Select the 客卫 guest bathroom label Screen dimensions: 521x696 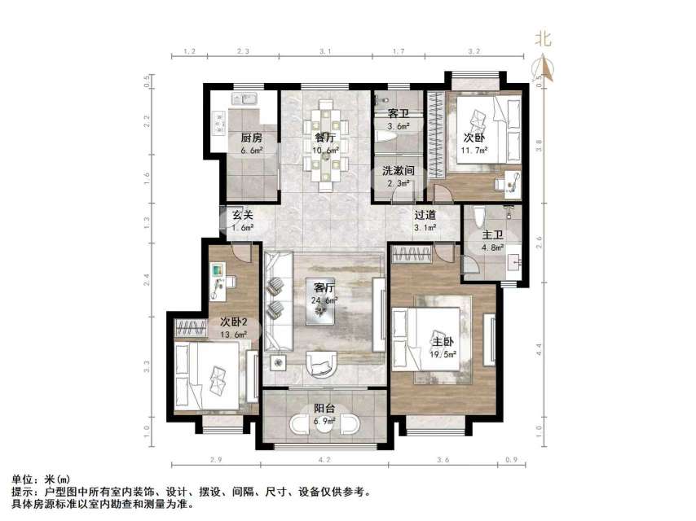click(398, 114)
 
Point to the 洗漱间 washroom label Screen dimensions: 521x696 click(399, 171)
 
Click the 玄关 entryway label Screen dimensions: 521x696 click(242, 216)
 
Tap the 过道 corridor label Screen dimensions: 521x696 click(425, 216)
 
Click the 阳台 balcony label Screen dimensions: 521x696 click(325, 409)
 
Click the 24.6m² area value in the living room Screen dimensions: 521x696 click(325, 300)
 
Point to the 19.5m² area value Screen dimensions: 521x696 click(442, 355)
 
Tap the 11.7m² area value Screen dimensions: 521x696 click(474, 151)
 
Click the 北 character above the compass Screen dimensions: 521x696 click(544, 38)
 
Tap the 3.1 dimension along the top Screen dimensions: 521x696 click(325, 52)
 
